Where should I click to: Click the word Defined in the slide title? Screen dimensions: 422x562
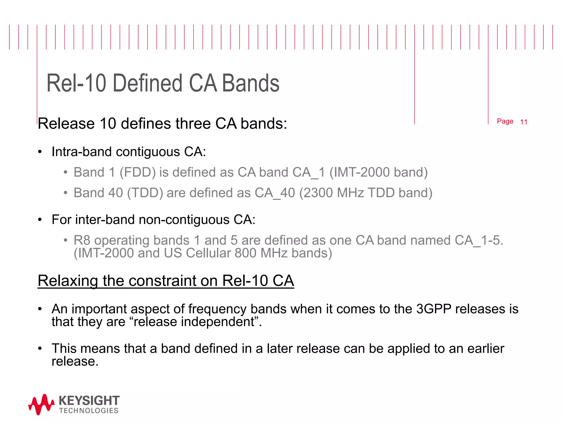(147, 83)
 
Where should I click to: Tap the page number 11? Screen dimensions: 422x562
(524, 122)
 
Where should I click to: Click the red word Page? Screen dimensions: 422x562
(505, 121)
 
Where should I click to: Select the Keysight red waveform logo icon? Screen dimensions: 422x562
(41, 404)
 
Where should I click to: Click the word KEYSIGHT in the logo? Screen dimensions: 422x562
(89, 401)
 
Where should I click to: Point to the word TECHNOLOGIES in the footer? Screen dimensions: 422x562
(89, 411)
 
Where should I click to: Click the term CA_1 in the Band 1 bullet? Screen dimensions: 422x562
(309, 173)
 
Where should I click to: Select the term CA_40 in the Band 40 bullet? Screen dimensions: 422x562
(275, 193)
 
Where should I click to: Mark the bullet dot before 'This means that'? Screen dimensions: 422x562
(40, 349)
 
